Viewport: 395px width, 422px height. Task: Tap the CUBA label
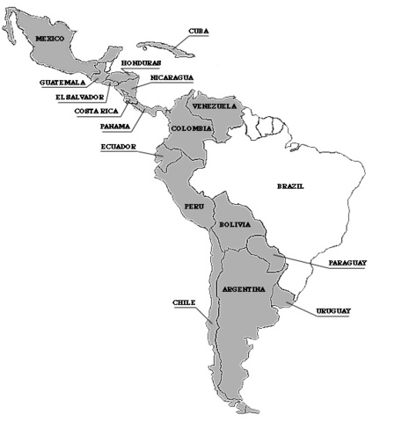pyautogui.click(x=199, y=32)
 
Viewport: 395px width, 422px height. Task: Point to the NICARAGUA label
pyautogui.click(x=172, y=77)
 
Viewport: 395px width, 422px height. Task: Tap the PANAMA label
pyautogui.click(x=115, y=126)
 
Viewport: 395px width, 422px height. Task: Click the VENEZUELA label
pyautogui.click(x=216, y=106)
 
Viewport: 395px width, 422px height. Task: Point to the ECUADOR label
pyautogui.click(x=118, y=147)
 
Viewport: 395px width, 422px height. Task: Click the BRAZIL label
pyautogui.click(x=290, y=186)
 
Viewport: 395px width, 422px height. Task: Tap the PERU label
pyautogui.click(x=194, y=206)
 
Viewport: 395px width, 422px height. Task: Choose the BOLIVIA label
pyautogui.click(x=235, y=225)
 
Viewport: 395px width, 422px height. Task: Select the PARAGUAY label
pyautogui.click(x=347, y=263)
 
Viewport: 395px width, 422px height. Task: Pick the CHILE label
pyautogui.click(x=183, y=302)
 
